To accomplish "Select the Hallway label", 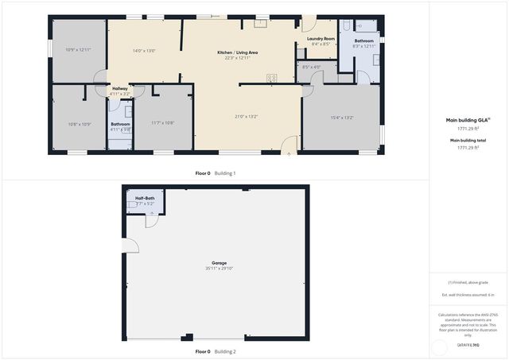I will point(120,88).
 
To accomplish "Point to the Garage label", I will point(219,263).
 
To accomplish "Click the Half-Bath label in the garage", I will point(145,198).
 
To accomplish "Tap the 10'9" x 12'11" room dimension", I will point(78,50).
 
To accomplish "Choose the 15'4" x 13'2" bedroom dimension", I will point(342,118).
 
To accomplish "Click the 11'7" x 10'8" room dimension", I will point(162,122).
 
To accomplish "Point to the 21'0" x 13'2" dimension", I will point(246,117).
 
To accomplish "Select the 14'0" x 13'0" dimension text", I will point(143,50).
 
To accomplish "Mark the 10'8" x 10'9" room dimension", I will point(80,124).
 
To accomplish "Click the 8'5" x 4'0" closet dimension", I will point(312,67).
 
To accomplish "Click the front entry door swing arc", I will point(289,144).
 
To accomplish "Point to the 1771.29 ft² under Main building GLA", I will point(467,128).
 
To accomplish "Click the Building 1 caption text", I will point(225,173).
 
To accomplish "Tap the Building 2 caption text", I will point(225,351).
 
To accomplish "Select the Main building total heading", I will point(467,140).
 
